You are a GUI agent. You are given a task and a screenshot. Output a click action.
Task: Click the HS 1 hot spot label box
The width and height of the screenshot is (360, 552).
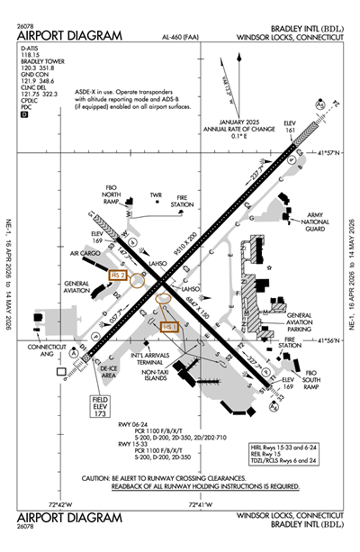point(170,328)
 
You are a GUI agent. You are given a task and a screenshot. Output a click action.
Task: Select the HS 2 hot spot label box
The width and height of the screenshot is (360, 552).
point(118,275)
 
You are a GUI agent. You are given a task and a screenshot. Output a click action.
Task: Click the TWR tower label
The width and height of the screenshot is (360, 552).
point(156,195)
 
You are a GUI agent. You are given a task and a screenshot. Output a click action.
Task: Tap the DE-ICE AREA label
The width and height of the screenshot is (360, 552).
point(109,373)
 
